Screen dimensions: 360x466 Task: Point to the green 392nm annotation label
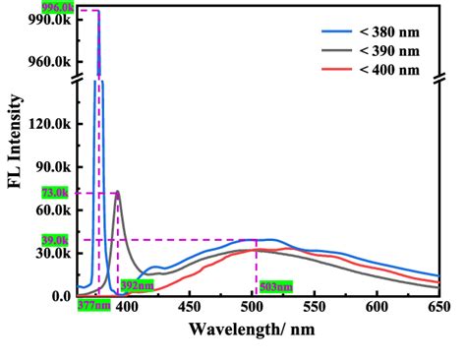pos(138,287)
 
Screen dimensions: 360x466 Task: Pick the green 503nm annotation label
pos(275,287)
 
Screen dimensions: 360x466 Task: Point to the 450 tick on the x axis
pos(190,307)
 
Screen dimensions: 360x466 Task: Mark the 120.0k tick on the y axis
pos(51,124)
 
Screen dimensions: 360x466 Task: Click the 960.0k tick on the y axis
pos(51,61)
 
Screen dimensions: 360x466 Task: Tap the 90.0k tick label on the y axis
pos(54,167)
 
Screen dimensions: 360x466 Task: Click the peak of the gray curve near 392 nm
pos(118,193)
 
